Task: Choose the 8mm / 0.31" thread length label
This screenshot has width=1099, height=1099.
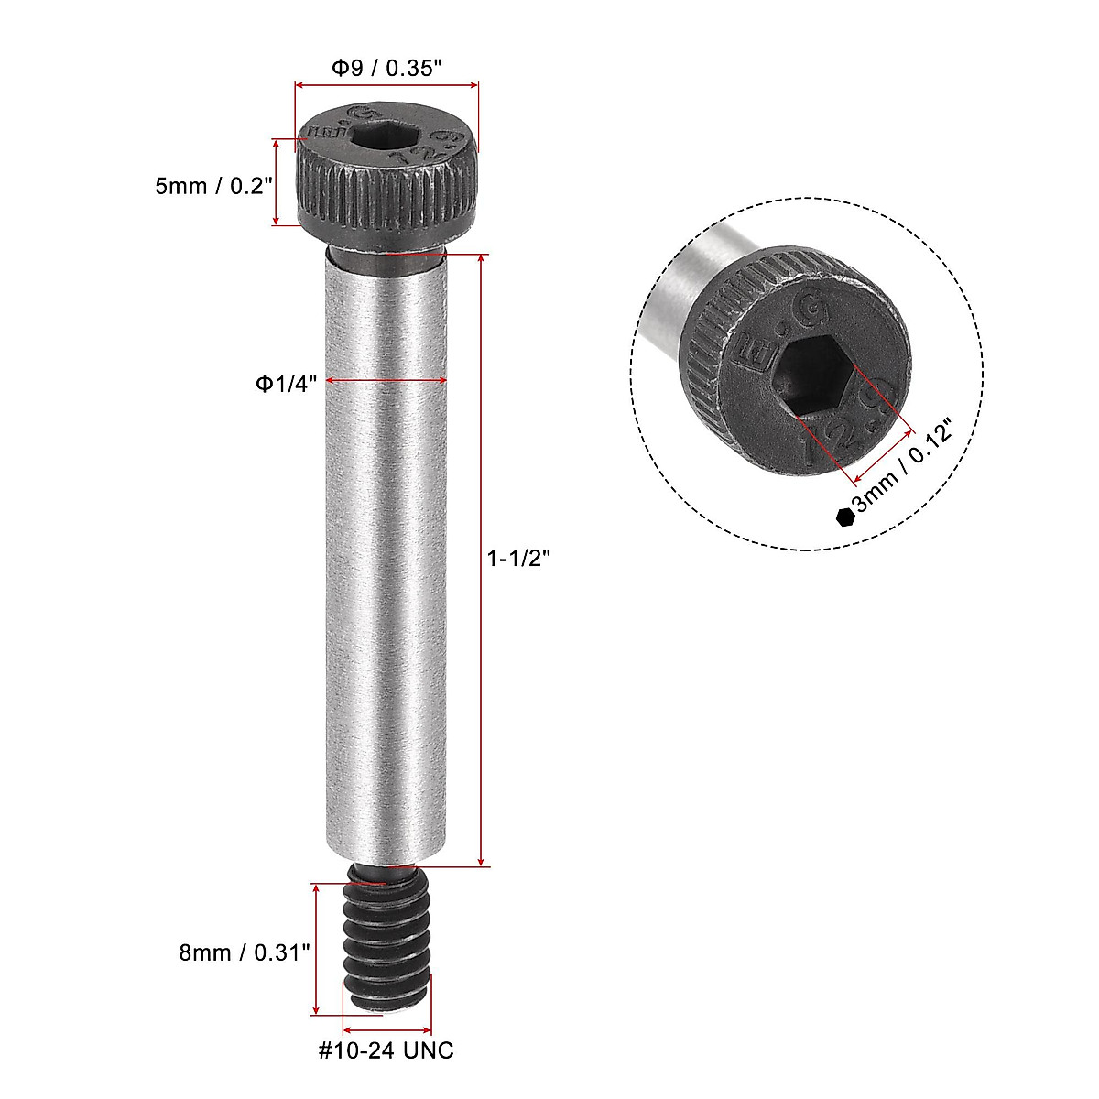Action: pos(245,952)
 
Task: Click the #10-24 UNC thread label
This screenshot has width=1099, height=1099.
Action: pos(386,1050)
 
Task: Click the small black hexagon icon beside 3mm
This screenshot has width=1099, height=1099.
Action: pos(844,517)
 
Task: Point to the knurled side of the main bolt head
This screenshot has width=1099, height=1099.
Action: pos(388,192)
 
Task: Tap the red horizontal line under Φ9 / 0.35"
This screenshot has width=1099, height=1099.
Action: pos(386,85)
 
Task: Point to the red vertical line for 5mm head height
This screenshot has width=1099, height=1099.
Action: pos(276,181)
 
